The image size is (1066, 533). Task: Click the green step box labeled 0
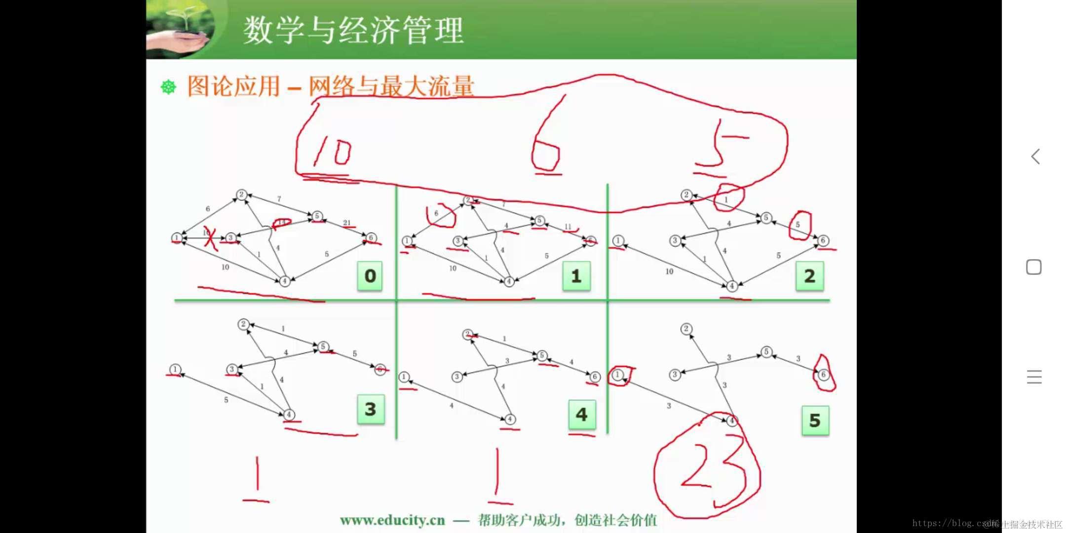(370, 276)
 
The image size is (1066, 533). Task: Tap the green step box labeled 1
(576, 276)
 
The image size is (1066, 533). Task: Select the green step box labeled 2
(809, 276)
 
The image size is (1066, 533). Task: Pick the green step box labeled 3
(371, 409)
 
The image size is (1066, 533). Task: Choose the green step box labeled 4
(582, 415)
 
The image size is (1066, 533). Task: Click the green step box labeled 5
(815, 420)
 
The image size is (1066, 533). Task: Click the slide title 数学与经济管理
(353, 31)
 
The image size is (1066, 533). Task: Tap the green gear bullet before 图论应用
(168, 87)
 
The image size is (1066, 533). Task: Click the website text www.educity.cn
(392, 520)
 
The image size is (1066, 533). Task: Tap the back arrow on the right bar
(1035, 157)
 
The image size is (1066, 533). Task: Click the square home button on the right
(1034, 267)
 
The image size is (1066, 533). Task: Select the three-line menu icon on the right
(1034, 377)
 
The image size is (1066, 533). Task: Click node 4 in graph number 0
(284, 281)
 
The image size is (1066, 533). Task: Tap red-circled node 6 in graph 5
(823, 375)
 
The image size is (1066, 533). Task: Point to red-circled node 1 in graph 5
(617, 375)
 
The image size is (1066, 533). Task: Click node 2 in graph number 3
(243, 324)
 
